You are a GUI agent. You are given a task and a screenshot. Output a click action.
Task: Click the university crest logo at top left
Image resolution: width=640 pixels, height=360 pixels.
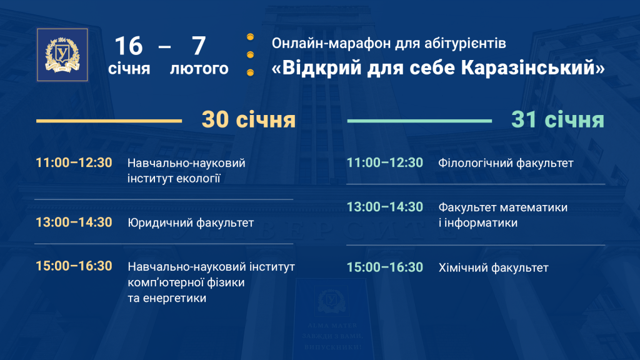tap(62, 55)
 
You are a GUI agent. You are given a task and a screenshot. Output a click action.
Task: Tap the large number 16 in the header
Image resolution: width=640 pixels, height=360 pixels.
tap(129, 46)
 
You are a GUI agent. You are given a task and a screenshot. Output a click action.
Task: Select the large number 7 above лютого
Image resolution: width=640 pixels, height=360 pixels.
tap(199, 46)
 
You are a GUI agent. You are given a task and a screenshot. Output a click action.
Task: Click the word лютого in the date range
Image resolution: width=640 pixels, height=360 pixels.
tap(199, 69)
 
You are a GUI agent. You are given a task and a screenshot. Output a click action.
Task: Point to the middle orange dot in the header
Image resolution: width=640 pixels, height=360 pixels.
tap(250, 55)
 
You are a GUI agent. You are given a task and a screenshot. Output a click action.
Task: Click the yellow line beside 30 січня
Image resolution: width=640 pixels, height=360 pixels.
tap(109, 121)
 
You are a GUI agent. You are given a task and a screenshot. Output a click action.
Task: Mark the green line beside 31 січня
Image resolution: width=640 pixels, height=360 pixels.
tap(419, 121)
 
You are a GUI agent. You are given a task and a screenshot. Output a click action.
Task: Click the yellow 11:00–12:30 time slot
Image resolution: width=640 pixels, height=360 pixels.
tap(74, 162)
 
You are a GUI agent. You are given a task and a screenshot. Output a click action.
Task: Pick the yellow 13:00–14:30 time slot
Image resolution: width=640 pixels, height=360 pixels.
tap(74, 222)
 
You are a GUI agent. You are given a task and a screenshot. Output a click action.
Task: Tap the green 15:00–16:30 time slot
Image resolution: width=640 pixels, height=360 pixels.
tap(385, 267)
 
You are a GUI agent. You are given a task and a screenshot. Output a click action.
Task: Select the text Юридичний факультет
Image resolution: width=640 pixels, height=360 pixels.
tap(191, 223)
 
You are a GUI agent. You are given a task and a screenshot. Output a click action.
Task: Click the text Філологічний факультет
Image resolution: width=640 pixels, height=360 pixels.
tap(506, 163)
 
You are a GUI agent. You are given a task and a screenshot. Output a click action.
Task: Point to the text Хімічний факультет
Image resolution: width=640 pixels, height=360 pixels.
tap(494, 267)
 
